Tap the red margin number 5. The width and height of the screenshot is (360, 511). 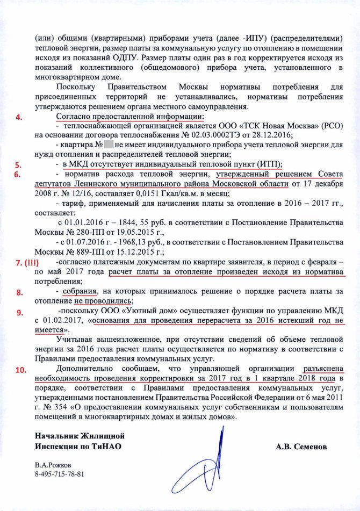pos(18,165)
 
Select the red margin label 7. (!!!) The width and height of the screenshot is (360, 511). pos(27,263)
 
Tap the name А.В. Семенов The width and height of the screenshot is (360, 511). pos(300,446)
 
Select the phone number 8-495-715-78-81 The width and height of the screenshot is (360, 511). pos(60,474)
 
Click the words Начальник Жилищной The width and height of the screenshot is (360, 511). pos(72,435)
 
